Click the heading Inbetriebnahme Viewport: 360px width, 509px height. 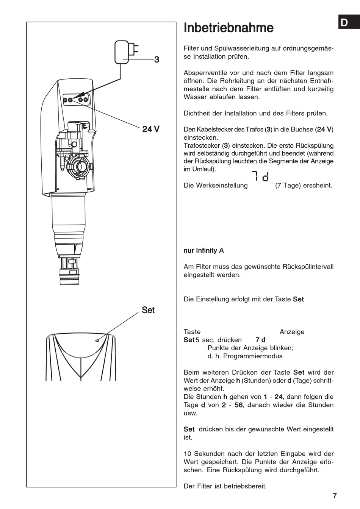coord(228,28)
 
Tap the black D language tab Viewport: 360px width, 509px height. coord(344,23)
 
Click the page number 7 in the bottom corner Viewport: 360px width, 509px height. coord(335,495)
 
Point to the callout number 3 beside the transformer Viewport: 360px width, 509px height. coord(157,60)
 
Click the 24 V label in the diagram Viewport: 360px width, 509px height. coord(151,130)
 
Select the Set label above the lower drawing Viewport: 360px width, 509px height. coord(148,310)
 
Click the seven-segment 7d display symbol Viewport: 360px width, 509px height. coord(261,176)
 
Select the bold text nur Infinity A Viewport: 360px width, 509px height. coord(203,250)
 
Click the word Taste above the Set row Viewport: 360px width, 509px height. coord(192,332)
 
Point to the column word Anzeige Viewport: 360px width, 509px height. coord(292,332)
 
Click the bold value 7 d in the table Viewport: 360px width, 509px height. coord(261,340)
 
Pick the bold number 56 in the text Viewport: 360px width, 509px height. coord(239,405)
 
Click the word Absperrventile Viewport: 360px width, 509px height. coord(205,73)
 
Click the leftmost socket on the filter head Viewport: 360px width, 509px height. coord(65,100)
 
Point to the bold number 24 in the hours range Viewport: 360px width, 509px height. coord(279,397)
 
